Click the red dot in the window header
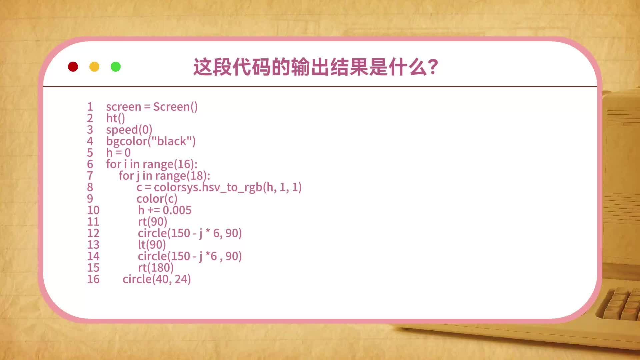(73, 67)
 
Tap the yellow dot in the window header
(94, 67)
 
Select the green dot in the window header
(116, 67)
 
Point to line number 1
(90, 107)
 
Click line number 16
(93, 279)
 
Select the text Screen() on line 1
(175, 107)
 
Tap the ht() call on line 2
(115, 118)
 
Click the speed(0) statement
(129, 130)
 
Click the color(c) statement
(157, 199)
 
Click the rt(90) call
(152, 222)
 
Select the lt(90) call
(152, 245)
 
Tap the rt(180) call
(156, 268)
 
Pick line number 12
(93, 233)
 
